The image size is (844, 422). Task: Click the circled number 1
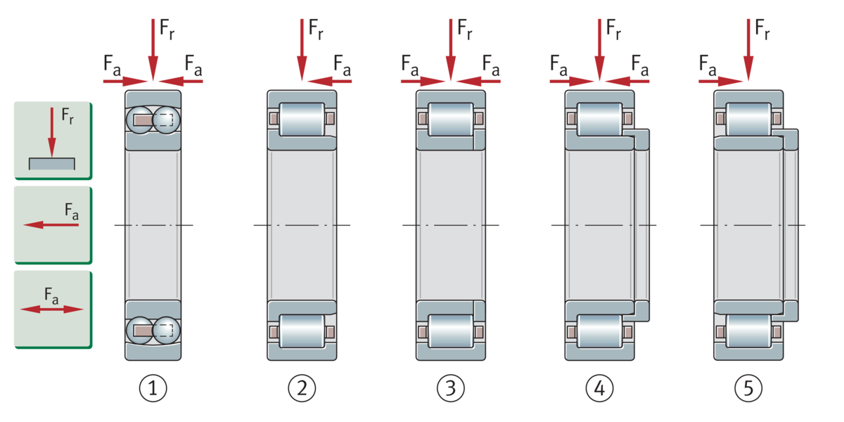(153, 388)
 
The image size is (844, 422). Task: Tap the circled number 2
(302, 388)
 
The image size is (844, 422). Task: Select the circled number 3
(451, 388)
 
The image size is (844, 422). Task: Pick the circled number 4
(599, 388)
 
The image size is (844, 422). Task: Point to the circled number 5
(748, 388)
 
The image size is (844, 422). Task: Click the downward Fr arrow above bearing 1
(153, 50)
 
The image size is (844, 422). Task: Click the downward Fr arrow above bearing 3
(451, 50)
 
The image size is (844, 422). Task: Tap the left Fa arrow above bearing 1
(125, 81)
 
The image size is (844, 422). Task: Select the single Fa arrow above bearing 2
(330, 81)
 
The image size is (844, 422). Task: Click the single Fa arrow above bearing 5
(720, 81)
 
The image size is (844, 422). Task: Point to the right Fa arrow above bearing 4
(627, 81)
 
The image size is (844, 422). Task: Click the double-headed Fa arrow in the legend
(51, 309)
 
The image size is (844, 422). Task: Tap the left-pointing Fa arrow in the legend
(51, 225)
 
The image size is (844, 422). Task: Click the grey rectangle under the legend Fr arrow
(52, 164)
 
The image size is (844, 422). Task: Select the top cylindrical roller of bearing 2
(302, 119)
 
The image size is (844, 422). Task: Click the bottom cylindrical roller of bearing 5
(748, 331)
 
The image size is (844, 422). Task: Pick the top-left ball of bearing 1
(140, 120)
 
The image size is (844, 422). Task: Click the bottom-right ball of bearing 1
(167, 331)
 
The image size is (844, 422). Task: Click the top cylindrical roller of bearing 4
(599, 119)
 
